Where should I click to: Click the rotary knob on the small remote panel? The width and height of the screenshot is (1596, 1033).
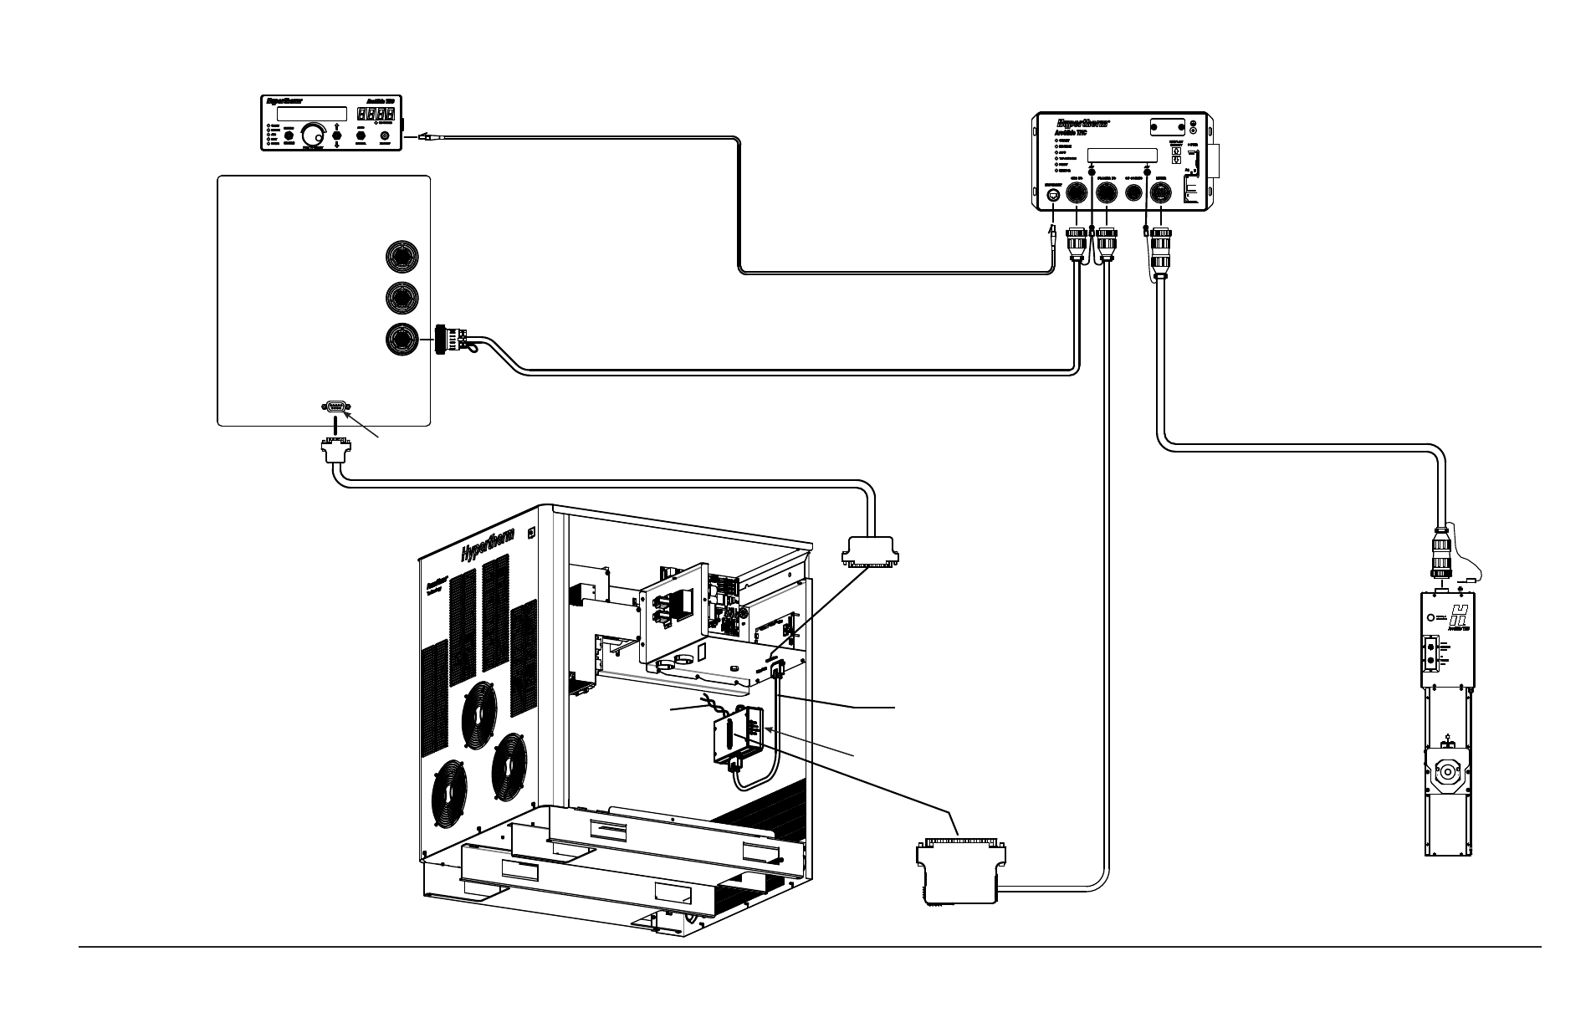[315, 134]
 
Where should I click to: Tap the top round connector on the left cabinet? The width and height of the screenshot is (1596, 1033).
[402, 255]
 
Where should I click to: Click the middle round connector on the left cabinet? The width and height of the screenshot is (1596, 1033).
[402, 297]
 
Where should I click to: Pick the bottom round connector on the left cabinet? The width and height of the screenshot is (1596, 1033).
[402, 338]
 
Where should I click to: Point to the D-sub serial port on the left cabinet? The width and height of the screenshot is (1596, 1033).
[335, 407]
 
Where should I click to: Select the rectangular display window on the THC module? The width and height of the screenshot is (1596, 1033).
[1122, 156]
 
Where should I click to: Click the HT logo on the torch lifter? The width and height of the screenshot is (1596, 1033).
[1458, 618]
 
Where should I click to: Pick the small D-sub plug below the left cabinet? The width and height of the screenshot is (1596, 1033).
[335, 452]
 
